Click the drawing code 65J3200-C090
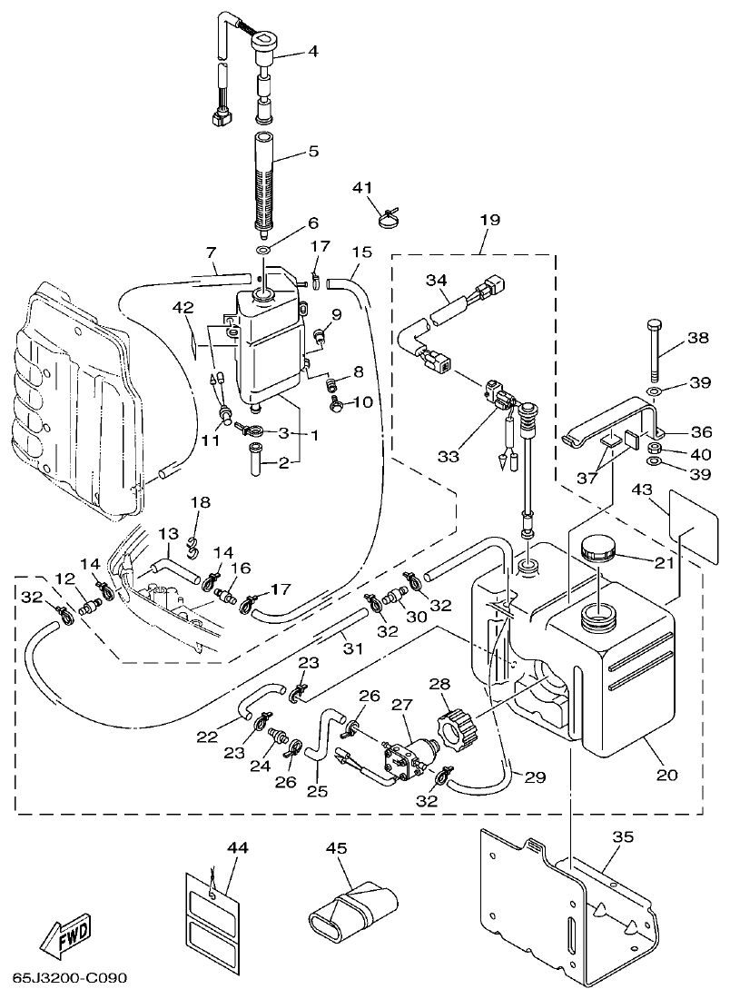(x=70, y=979)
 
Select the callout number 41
(x=363, y=187)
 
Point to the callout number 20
(x=667, y=775)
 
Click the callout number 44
(x=238, y=847)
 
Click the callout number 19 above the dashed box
(x=490, y=219)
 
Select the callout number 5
(x=312, y=152)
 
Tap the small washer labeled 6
(x=262, y=249)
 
